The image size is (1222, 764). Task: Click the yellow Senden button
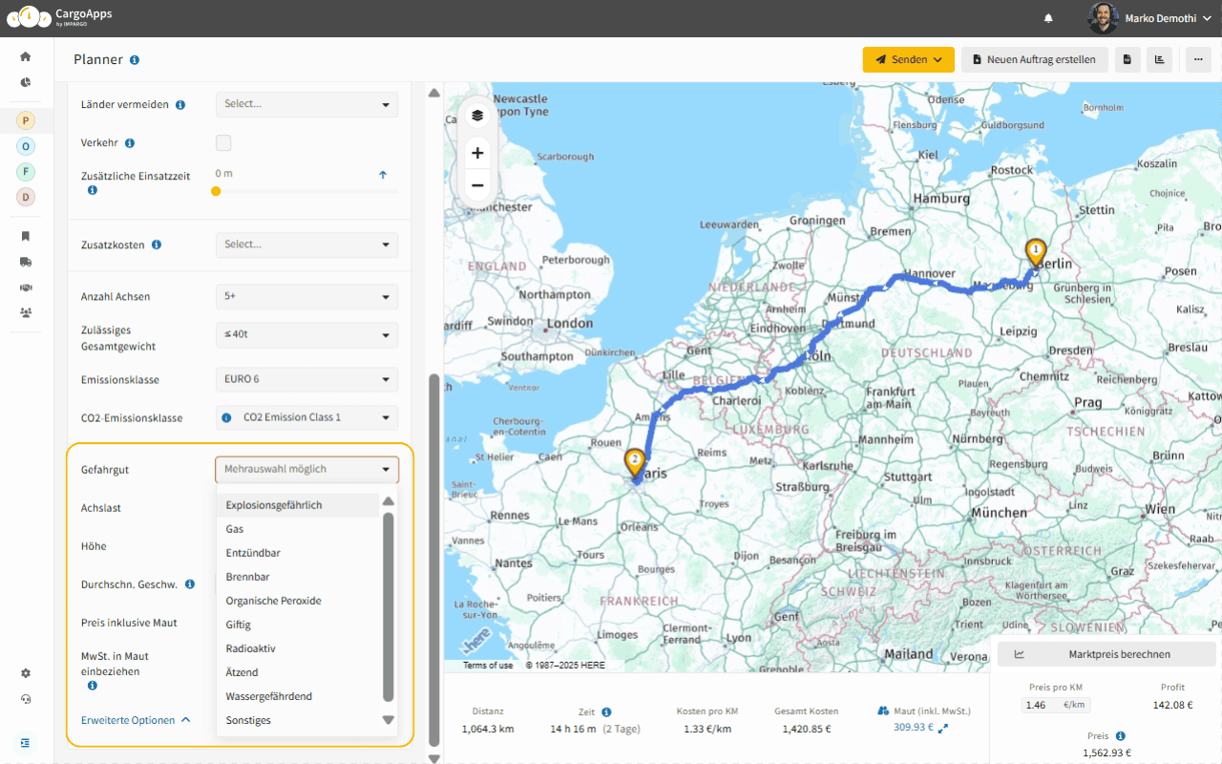coord(908,59)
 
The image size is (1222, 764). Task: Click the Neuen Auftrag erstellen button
coord(1034,59)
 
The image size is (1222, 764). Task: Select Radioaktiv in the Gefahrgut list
coord(250,648)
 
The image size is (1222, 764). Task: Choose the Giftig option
coord(239,625)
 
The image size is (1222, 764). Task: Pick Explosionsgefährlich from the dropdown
coord(274,505)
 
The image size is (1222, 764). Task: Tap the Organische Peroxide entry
coord(273,601)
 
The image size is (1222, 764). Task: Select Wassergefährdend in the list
coord(269,696)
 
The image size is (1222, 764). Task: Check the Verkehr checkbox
coord(223,143)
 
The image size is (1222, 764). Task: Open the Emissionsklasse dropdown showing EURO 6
coord(306,379)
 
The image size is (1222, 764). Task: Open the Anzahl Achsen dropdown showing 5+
coord(306,296)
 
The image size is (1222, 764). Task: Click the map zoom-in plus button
coord(477,153)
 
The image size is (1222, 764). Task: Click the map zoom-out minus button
coord(477,185)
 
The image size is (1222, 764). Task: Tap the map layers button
coord(477,116)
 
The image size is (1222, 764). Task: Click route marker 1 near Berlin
coord(1036,251)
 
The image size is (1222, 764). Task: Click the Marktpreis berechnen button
coord(1106,654)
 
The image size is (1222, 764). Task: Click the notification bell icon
coord(1048,18)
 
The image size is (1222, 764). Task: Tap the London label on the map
coord(570,324)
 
